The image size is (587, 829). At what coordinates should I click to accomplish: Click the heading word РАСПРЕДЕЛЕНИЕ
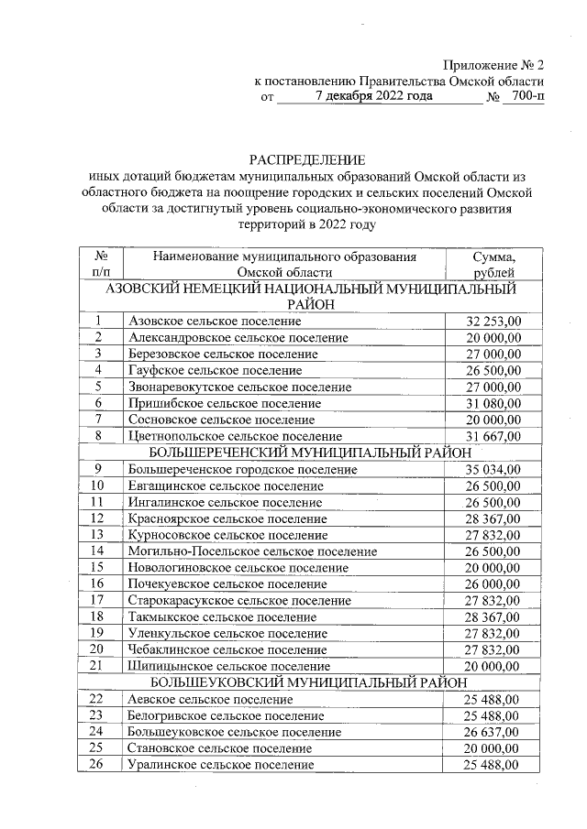(x=307, y=159)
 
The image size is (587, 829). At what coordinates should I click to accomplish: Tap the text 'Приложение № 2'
(x=494, y=65)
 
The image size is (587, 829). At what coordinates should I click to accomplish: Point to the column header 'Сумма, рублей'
(x=493, y=265)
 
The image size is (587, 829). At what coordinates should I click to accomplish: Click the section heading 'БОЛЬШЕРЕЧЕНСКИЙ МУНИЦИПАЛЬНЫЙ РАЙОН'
(x=310, y=453)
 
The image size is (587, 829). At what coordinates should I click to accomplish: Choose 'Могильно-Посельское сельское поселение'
(x=253, y=551)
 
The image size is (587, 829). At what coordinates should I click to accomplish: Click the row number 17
(x=97, y=601)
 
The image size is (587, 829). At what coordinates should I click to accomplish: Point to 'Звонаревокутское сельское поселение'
(x=240, y=387)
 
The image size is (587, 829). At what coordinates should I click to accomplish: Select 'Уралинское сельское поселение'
(x=221, y=765)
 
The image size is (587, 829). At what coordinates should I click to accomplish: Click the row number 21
(x=97, y=666)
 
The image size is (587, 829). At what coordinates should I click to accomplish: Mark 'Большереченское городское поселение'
(x=243, y=469)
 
